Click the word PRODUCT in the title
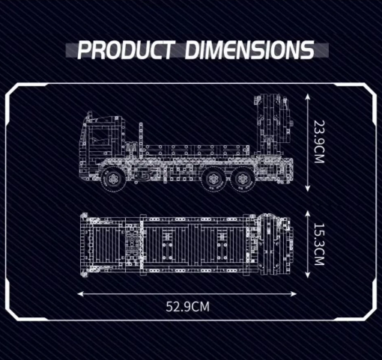tap(126, 50)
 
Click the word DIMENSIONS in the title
tap(249, 50)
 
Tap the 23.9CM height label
tap(319, 141)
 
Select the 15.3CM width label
tap(319, 244)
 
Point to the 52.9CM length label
tap(187, 307)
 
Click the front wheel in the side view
tap(114, 179)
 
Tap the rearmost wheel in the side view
tap(242, 179)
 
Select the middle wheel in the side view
tap(213, 179)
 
